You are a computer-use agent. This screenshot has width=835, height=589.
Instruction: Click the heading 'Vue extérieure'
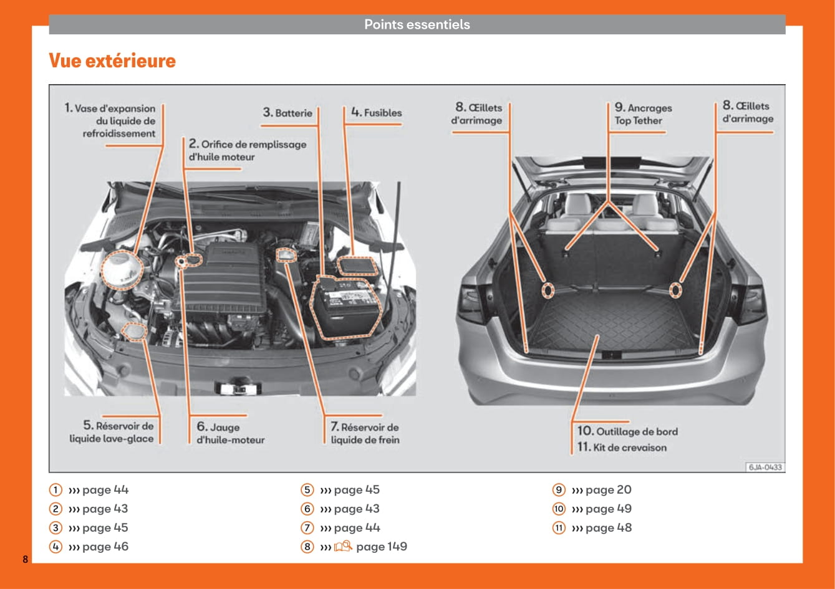tap(112, 61)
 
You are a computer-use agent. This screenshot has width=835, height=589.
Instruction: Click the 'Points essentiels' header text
tap(417, 25)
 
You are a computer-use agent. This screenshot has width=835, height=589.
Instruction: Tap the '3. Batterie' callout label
tap(287, 113)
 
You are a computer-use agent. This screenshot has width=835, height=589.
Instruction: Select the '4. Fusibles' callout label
tap(376, 113)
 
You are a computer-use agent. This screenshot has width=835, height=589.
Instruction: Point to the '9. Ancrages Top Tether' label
tap(642, 115)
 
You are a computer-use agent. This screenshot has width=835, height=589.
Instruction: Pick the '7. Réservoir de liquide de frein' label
tap(365, 433)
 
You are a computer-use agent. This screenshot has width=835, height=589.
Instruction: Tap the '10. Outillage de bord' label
tap(627, 431)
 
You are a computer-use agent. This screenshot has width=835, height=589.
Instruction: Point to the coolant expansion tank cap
tap(122, 271)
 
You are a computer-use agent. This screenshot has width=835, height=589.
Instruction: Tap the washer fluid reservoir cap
tap(135, 332)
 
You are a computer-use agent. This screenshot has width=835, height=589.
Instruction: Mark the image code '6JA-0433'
tap(765, 467)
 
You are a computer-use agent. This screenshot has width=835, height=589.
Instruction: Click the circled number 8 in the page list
tap(307, 547)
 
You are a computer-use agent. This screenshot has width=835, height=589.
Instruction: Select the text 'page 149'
tap(381, 547)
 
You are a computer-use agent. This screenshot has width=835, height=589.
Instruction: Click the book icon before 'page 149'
tap(343, 547)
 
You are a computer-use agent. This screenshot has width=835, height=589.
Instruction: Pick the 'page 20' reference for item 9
tap(608, 490)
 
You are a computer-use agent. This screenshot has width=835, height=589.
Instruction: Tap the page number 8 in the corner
tap(26, 559)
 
